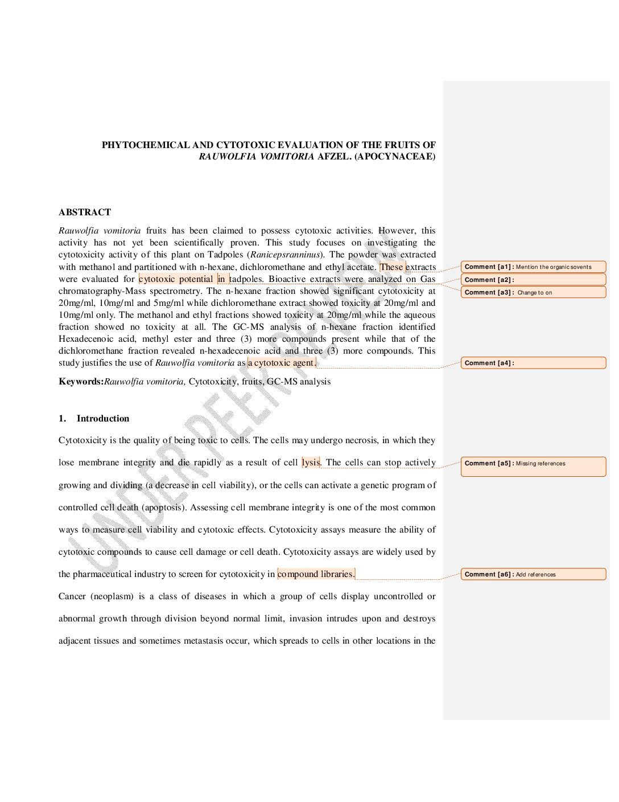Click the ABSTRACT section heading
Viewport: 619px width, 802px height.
[x=85, y=212]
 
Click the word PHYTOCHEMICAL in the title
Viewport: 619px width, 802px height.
[x=145, y=145]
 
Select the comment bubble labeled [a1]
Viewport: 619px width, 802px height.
[x=533, y=267]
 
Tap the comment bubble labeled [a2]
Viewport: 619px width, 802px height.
[x=533, y=280]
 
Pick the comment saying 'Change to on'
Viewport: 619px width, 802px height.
[x=533, y=293]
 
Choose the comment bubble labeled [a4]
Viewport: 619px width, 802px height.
[x=533, y=363]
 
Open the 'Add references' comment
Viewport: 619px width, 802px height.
[x=533, y=574]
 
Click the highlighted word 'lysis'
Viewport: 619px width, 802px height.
[x=311, y=463]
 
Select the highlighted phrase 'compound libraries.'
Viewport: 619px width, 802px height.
[x=316, y=574]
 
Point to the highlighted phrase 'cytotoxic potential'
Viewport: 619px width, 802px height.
[x=176, y=279]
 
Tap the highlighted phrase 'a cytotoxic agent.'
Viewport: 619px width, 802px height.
[x=282, y=363]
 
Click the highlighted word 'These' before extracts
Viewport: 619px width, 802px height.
[x=391, y=267]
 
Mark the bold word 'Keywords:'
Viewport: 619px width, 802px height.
[x=81, y=382]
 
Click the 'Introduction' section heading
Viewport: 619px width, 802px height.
[x=103, y=419]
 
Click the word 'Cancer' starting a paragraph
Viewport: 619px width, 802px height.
[x=72, y=596]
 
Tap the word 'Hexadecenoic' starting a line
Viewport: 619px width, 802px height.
[x=84, y=339]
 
